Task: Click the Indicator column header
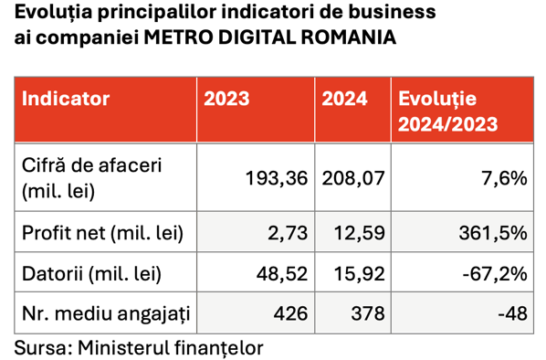click(x=66, y=99)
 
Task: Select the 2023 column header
click(x=226, y=99)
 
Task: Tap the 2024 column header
click(x=344, y=99)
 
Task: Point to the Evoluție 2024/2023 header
click(x=447, y=111)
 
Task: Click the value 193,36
click(x=277, y=178)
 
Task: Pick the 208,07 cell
click(x=353, y=178)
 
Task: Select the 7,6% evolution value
click(x=504, y=178)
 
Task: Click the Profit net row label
click(x=102, y=233)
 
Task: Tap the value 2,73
click(x=288, y=233)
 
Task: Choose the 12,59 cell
click(x=360, y=233)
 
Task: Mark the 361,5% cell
click(x=493, y=233)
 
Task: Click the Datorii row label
click(x=91, y=274)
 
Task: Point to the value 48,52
click(x=282, y=274)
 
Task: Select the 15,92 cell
click(x=360, y=274)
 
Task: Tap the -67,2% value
click(x=495, y=274)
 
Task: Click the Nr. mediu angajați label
click(x=106, y=314)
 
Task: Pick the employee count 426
click(x=290, y=313)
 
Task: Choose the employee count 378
click(x=368, y=313)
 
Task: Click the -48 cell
click(x=512, y=313)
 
